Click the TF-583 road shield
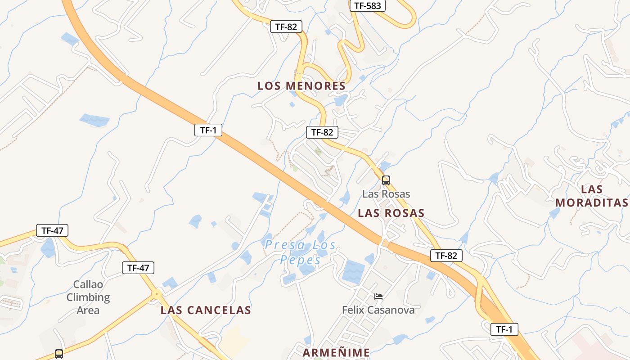point(368,5)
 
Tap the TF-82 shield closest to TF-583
point(286,27)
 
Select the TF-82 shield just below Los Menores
point(322,132)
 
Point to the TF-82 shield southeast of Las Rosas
point(446,256)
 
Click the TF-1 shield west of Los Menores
point(208,130)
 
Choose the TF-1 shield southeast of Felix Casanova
point(504,329)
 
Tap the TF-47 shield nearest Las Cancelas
point(138,268)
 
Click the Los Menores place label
point(301,86)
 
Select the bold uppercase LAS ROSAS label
point(391,213)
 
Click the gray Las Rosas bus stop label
point(386,194)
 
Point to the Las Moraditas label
point(591,196)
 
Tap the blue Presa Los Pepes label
point(300,252)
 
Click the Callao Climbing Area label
point(88,297)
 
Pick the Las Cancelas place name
point(206,310)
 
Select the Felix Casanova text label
point(378,310)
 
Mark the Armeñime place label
point(336,353)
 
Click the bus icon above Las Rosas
point(386,180)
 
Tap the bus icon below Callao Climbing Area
point(59,354)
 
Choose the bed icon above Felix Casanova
point(378,297)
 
